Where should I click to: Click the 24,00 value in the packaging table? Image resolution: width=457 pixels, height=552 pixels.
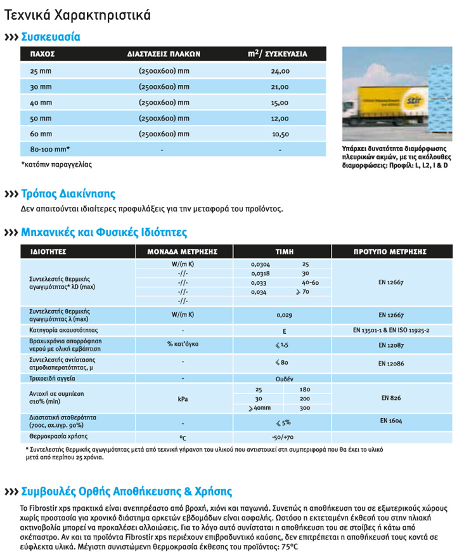(x=280, y=72)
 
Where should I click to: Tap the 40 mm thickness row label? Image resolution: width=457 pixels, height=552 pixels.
(x=41, y=103)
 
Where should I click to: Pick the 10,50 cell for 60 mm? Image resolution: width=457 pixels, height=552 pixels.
(x=280, y=134)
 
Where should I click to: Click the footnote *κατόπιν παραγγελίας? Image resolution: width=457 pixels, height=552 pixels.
(x=56, y=164)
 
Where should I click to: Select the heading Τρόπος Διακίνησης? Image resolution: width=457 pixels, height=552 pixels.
(x=68, y=194)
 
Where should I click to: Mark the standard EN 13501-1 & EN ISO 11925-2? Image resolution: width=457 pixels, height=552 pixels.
(x=391, y=331)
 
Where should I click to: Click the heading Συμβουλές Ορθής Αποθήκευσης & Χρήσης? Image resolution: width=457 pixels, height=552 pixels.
(x=127, y=492)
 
